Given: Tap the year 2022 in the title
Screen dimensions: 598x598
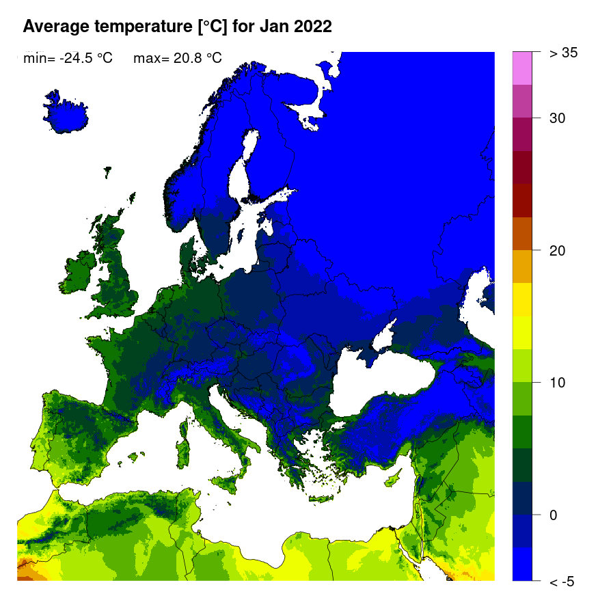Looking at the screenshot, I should tap(310, 27).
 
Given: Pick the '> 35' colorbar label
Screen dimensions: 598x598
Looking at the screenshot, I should tap(564, 53).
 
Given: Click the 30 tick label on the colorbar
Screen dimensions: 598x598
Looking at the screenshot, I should tap(557, 118).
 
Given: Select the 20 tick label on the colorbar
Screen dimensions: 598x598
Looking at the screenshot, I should tap(557, 250).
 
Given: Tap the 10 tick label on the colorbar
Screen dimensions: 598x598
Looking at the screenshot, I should tap(557, 383).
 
